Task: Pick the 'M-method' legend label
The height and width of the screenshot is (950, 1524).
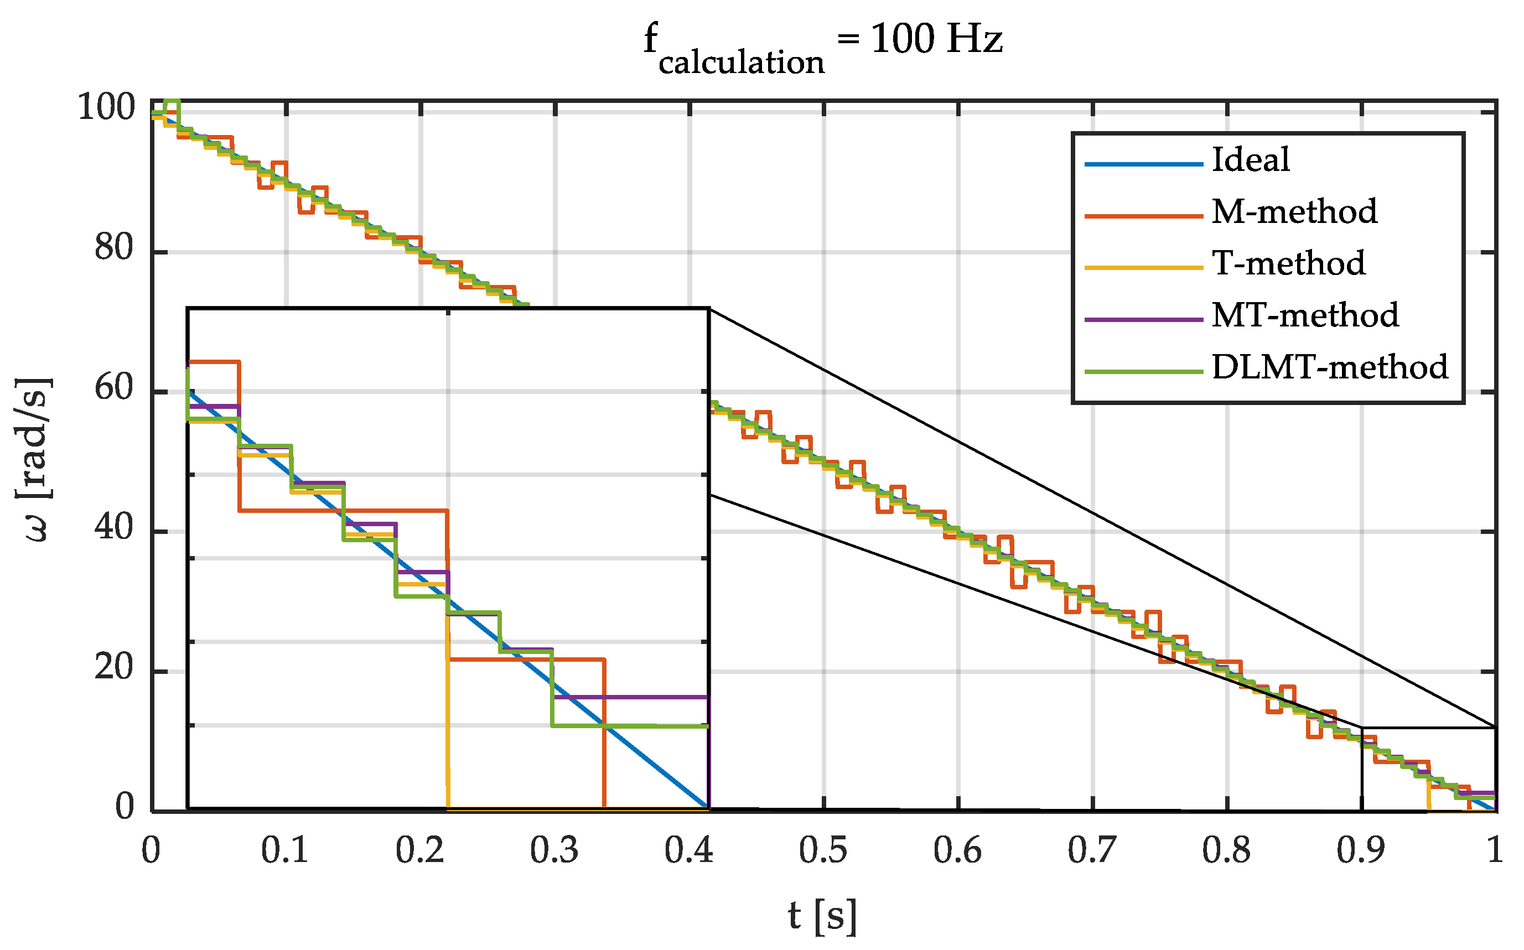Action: pyautogui.click(x=1294, y=212)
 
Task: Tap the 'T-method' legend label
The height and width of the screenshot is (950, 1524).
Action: pyautogui.click(x=1288, y=263)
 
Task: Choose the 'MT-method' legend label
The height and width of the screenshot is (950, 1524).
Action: pyautogui.click(x=1305, y=315)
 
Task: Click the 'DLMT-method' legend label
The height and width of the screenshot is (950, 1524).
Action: pyautogui.click(x=1329, y=367)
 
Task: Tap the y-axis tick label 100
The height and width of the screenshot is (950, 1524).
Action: pyautogui.click(x=106, y=107)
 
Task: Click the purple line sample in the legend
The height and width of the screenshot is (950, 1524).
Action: pyautogui.click(x=1144, y=320)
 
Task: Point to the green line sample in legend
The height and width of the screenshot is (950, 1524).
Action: pyautogui.click(x=1144, y=372)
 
